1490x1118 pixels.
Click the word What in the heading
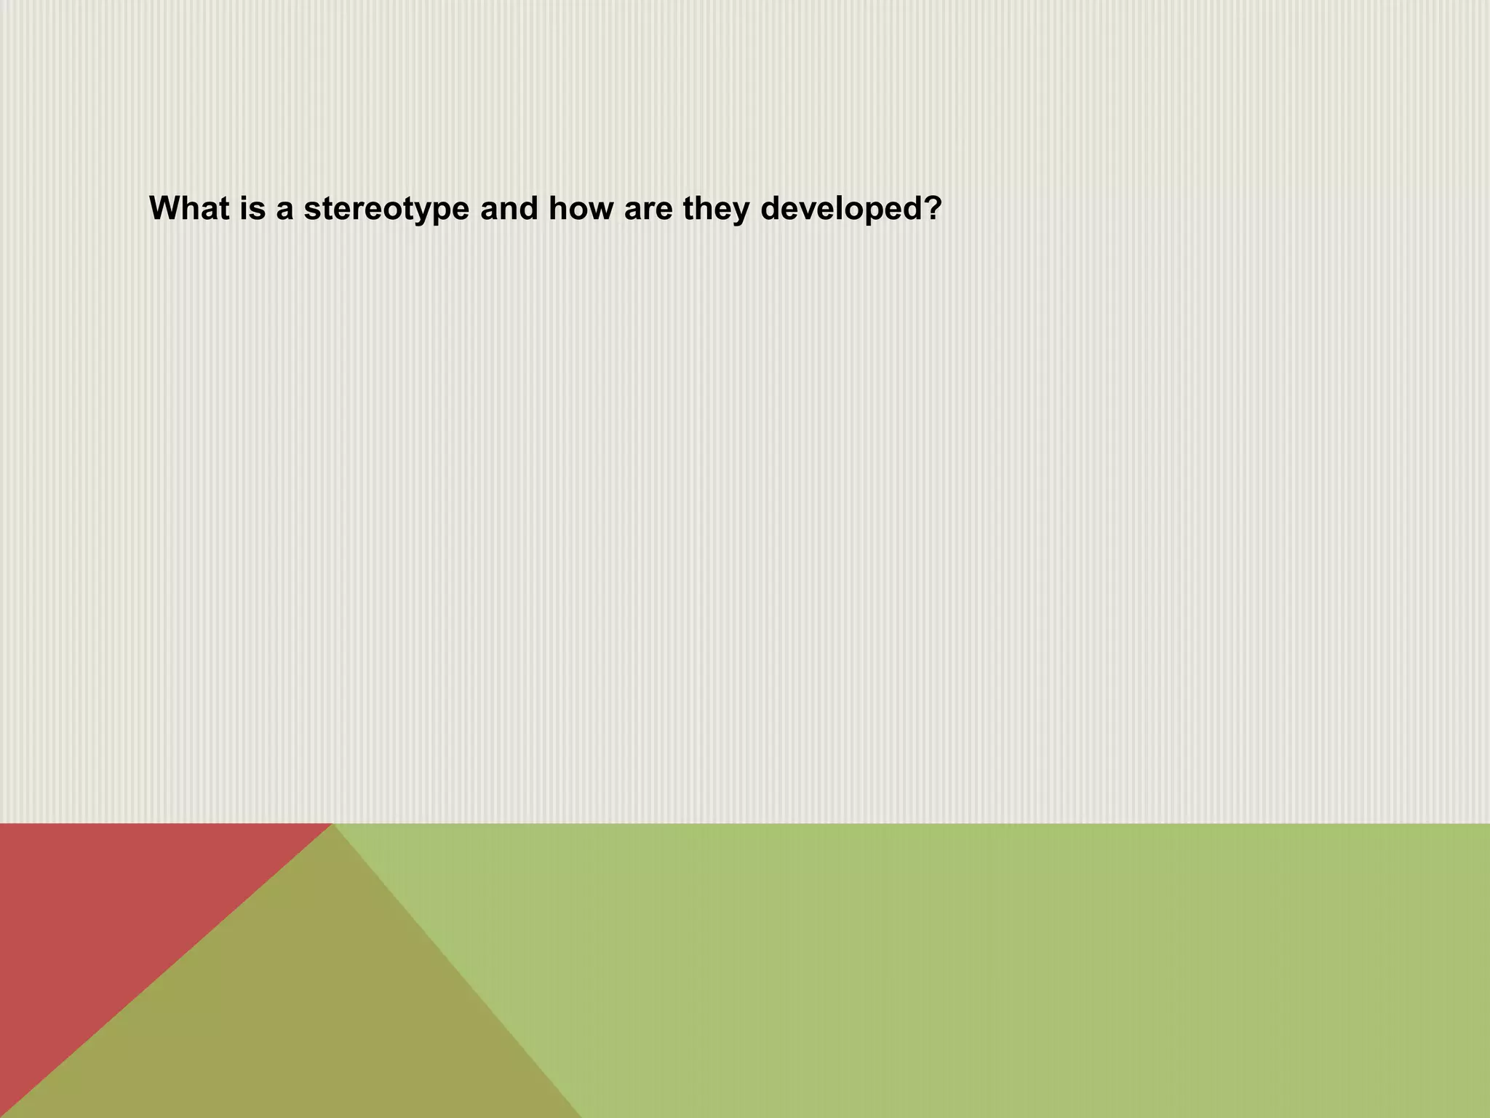(187, 208)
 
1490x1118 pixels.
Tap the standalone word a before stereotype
(285, 210)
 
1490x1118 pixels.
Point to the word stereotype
(386, 210)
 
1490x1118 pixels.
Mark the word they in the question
(716, 210)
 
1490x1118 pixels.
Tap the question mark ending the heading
(931, 208)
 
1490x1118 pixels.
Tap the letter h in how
(559, 208)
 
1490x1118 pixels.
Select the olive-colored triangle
(306, 1019)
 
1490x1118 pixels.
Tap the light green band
(1019, 968)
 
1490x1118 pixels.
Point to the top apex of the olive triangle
(332, 825)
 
